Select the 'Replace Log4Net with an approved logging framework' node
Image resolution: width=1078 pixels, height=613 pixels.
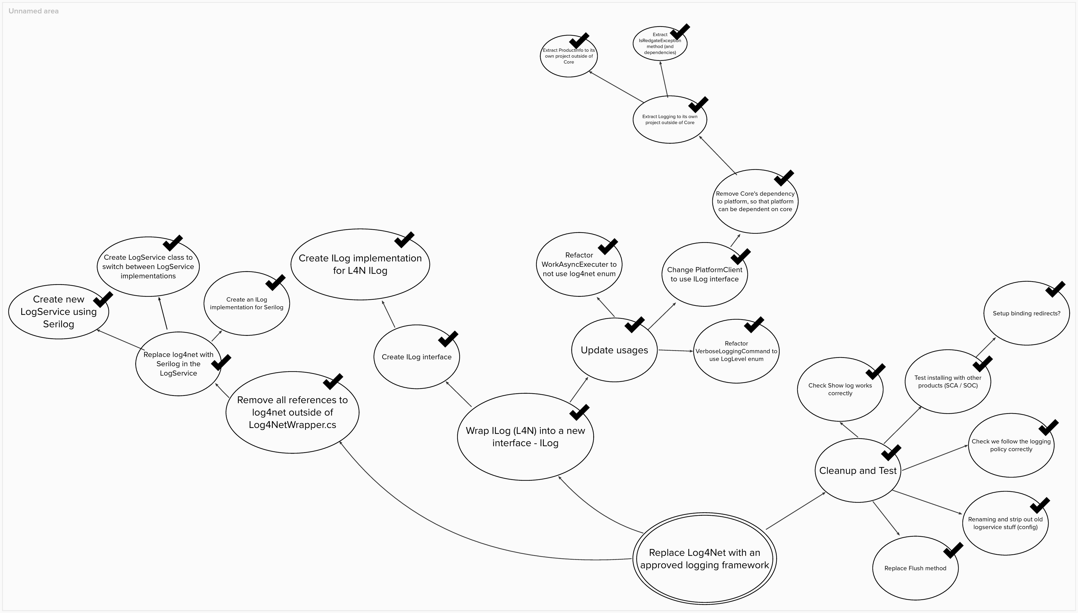click(704, 559)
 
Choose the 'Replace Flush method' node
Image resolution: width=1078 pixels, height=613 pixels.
click(915, 568)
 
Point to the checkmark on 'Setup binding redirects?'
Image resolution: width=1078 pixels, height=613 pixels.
click(1055, 289)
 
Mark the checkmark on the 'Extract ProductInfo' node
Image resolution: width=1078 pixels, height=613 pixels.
click(579, 41)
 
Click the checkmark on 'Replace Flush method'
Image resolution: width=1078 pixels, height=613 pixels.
click(953, 550)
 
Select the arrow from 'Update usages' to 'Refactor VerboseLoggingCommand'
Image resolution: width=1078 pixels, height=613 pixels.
click(676, 350)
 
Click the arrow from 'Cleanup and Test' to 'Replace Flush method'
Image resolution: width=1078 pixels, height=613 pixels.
click(886, 518)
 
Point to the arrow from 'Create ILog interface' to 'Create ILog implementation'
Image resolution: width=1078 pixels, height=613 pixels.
click(388, 314)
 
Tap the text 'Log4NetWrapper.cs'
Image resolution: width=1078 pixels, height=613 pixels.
click(292, 425)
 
